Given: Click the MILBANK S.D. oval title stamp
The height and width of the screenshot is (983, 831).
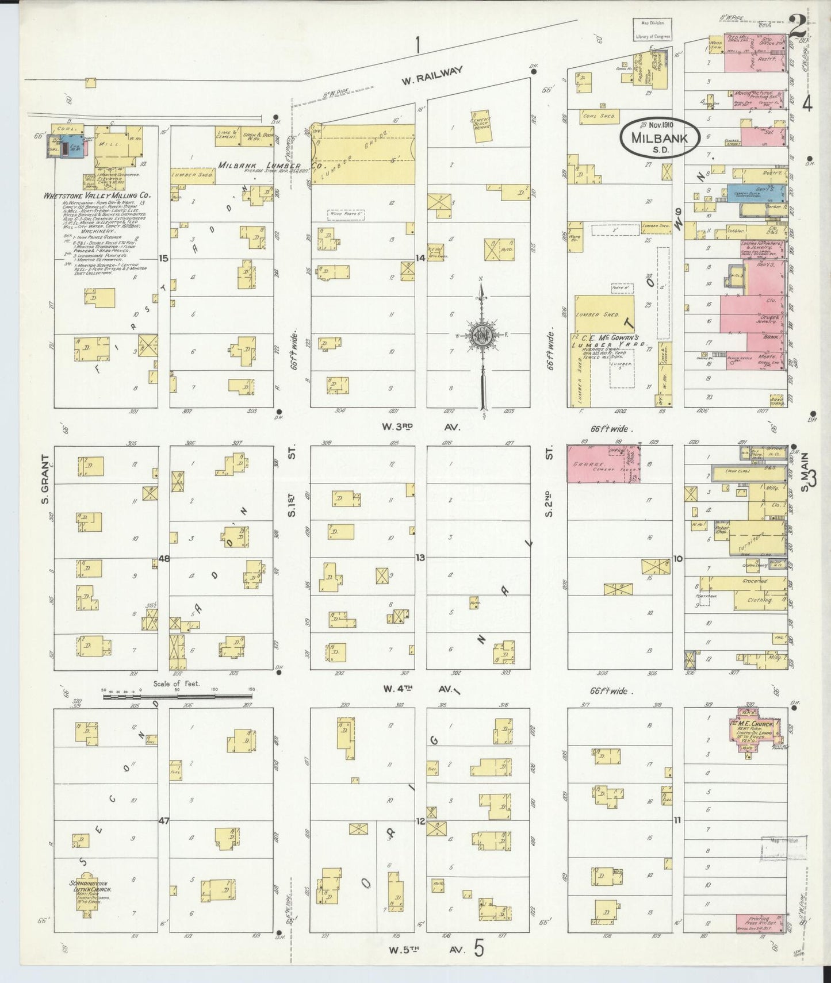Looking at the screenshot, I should (659, 138).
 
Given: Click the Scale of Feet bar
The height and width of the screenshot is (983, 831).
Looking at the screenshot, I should (178, 697).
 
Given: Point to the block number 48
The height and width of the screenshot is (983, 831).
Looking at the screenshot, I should (164, 558).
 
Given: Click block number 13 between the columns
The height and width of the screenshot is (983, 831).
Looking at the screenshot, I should (420, 558).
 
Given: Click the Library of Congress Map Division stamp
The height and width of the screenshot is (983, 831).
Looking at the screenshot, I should (652, 29).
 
